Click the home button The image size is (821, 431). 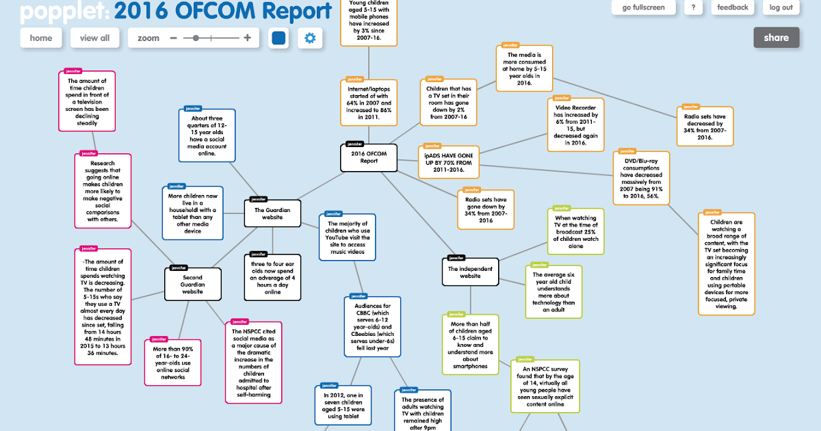(41, 38)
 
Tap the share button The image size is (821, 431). (776, 38)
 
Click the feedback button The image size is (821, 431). (733, 8)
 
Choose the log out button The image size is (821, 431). (781, 8)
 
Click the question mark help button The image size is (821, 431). (694, 8)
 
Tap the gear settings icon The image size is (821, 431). (310, 38)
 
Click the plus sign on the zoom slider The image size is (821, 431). (247, 38)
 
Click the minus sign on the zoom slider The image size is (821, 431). (174, 38)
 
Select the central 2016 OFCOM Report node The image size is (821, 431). (369, 157)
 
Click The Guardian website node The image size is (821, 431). (273, 213)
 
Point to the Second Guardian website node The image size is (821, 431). (193, 284)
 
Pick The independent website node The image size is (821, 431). (470, 272)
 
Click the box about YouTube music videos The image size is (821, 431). (348, 237)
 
